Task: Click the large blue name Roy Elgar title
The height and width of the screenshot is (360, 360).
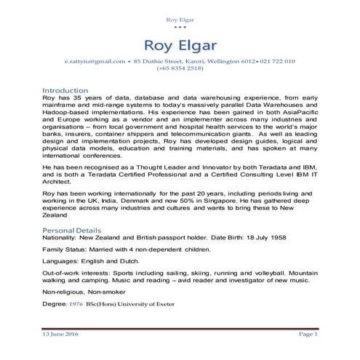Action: [x=180, y=38]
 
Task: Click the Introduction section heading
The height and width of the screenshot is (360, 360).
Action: [x=65, y=90]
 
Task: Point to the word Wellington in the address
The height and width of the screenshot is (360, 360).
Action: [x=220, y=62]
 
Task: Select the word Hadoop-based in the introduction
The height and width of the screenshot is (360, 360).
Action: [x=67, y=114]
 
